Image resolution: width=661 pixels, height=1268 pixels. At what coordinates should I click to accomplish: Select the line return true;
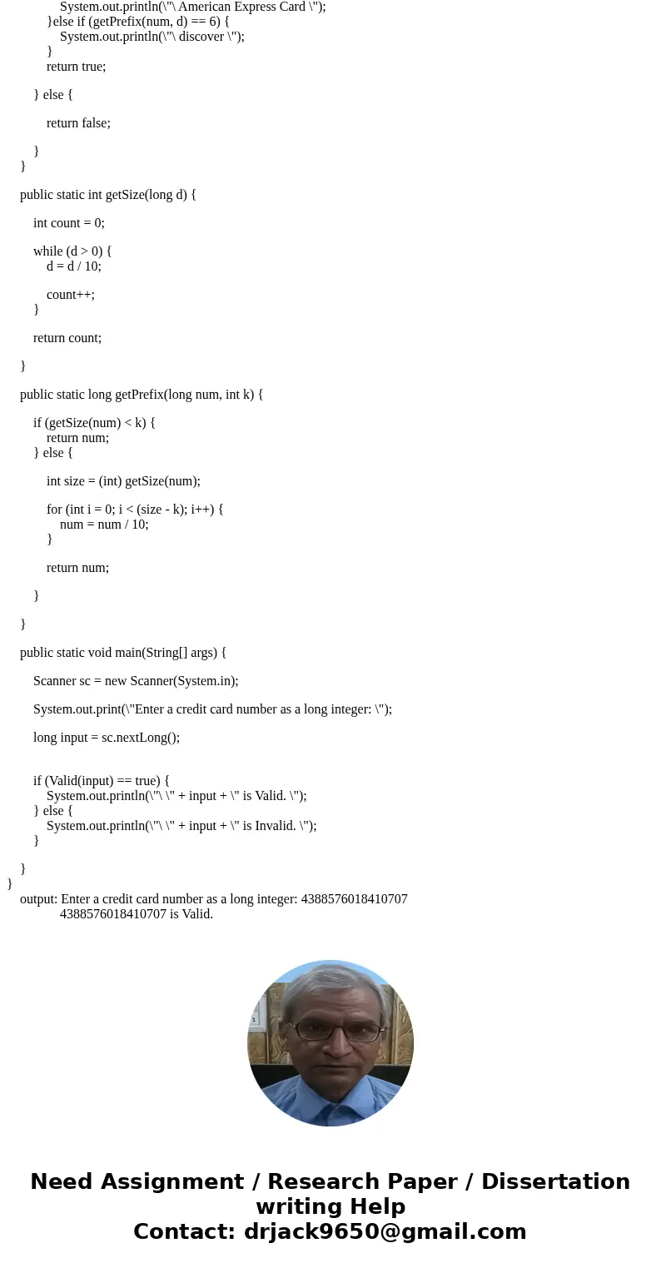tap(76, 67)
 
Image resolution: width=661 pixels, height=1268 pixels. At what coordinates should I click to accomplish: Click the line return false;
tap(78, 123)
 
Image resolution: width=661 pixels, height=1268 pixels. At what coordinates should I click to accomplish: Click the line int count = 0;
tap(69, 223)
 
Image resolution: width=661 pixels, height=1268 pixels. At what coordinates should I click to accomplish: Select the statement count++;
tap(71, 295)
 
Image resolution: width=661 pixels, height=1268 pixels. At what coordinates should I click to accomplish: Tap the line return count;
tap(67, 338)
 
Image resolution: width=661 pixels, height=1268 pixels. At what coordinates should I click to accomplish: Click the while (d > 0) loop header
tap(72, 251)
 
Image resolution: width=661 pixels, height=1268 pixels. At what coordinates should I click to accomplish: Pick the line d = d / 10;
tap(74, 266)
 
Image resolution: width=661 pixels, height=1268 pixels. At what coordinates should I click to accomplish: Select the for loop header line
tap(135, 510)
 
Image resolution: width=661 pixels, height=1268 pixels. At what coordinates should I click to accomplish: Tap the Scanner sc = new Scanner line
tap(136, 681)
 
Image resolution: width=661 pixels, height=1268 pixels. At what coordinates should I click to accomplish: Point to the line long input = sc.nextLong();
tap(107, 738)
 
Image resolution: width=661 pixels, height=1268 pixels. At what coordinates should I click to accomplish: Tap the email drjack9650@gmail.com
tap(385, 1231)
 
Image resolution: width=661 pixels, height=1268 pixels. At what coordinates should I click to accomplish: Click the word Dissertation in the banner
tap(555, 1181)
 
